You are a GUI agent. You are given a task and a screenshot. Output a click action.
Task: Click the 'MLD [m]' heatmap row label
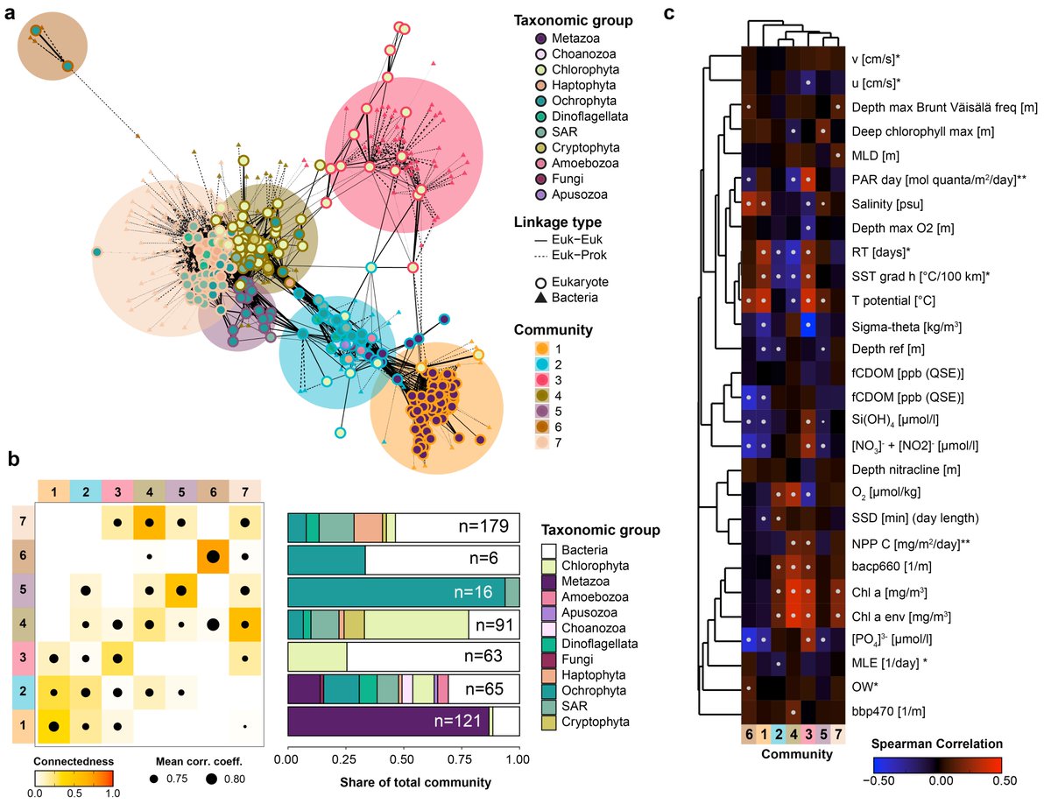[x=876, y=155]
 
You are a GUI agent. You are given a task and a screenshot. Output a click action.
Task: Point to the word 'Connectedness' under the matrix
[x=74, y=760]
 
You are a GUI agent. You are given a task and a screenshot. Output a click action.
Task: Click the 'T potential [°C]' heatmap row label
[x=891, y=301]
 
